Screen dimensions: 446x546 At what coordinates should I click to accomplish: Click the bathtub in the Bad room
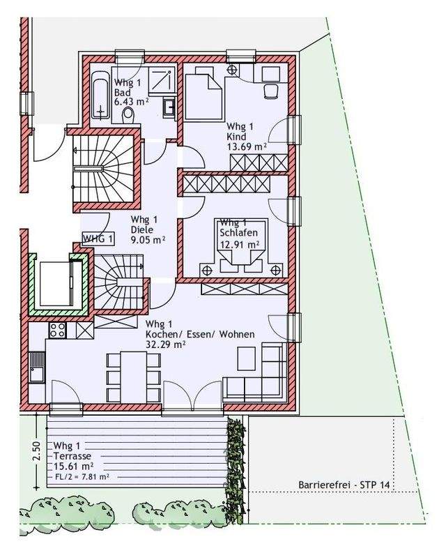click(x=101, y=96)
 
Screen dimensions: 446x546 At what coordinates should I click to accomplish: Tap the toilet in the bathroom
click(x=128, y=114)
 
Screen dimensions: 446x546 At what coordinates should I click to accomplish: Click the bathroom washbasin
click(x=169, y=107)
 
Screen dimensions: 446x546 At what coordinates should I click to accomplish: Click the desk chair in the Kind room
click(x=271, y=91)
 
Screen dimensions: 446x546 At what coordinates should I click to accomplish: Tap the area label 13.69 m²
click(x=247, y=146)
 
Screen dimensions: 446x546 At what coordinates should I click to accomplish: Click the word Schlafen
click(x=238, y=233)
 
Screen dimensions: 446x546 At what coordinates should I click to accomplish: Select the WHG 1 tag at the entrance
click(x=98, y=239)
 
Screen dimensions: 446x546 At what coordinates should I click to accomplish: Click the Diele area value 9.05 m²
click(x=148, y=240)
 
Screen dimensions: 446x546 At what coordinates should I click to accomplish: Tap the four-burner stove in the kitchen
click(x=58, y=330)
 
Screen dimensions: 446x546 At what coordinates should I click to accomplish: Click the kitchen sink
click(x=37, y=367)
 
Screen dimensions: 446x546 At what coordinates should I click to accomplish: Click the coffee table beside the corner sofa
click(x=246, y=358)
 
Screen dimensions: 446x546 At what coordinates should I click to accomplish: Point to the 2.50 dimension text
click(x=37, y=451)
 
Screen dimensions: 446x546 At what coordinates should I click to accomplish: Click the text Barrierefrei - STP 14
click(x=344, y=485)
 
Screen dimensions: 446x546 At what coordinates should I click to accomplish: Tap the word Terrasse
click(x=72, y=456)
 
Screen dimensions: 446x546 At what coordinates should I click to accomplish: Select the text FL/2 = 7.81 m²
click(x=82, y=477)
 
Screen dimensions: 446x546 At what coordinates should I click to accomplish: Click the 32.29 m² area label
click(x=165, y=344)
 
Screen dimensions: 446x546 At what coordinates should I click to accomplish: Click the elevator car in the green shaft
click(x=56, y=282)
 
